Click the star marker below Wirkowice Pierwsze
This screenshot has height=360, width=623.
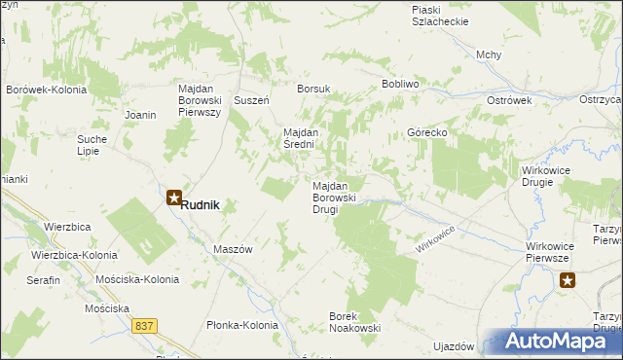568,281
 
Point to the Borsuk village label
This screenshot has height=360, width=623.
314,89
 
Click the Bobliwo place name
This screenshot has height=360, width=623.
400,85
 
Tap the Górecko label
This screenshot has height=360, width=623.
426,132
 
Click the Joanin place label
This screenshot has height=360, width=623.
141,115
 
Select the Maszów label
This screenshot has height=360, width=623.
233,249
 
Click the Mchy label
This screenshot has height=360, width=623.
489,54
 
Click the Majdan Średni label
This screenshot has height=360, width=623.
311,138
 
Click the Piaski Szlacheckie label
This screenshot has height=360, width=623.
440,15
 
